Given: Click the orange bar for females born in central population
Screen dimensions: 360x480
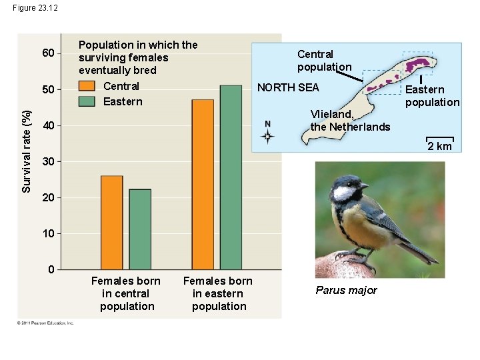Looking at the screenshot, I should pos(112,223).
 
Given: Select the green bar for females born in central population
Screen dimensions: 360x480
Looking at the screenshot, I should pos(140,229).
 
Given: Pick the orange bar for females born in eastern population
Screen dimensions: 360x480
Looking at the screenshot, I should pos(203,185).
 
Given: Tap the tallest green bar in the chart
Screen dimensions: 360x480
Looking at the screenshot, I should pos(231,177).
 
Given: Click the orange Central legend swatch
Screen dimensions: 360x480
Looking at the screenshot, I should pos(87,86).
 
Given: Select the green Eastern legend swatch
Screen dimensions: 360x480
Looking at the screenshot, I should pos(87,101).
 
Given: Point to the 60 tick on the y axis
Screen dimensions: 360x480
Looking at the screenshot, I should pos(48,53).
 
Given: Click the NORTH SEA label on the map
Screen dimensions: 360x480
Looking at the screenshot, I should pos(288,87).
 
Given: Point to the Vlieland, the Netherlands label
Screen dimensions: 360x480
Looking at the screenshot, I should pos(350,120).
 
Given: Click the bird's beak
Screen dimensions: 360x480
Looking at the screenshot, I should pos(364,186).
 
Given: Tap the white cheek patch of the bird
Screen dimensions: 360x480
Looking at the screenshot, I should pos(344,193).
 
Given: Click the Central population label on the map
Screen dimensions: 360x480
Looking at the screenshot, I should pos(324,60).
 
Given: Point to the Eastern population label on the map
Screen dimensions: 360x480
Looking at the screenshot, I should pos(432,95).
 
